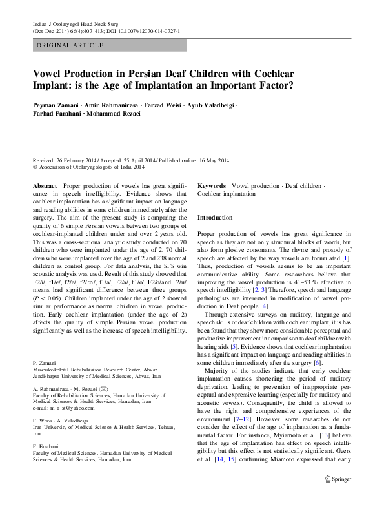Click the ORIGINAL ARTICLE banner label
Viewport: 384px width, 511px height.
tap(70, 45)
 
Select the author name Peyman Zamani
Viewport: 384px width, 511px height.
tap(57, 105)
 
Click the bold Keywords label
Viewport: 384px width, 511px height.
tap(212, 185)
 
